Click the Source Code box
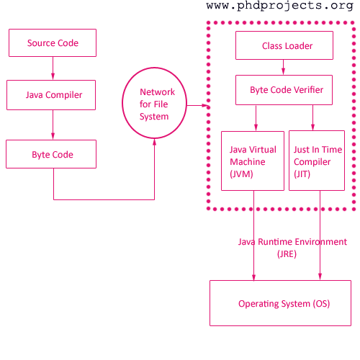pyautogui.click(x=53, y=43)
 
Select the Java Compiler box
pyautogui.click(x=51, y=95)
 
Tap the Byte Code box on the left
pyautogui.click(x=51, y=154)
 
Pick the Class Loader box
pyautogui.click(x=284, y=45)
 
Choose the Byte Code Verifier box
pyautogui.click(x=284, y=90)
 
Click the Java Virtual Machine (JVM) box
pyautogui.click(x=253, y=161)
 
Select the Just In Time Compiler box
pyautogui.click(x=317, y=161)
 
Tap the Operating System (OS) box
pyautogui.click(x=281, y=303)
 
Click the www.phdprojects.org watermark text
pyautogui.click(x=280, y=6)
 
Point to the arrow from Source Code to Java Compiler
pyautogui.click(x=53, y=68)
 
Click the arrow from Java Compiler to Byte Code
pyautogui.click(x=53, y=125)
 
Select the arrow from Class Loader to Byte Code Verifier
pyautogui.click(x=283, y=67)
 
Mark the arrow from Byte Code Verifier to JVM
pyautogui.click(x=256, y=118)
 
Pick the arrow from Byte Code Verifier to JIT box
pyautogui.click(x=312, y=118)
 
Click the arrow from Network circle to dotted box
pyautogui.click(x=197, y=105)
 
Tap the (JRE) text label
pyautogui.click(x=287, y=254)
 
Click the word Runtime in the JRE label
pyautogui.click(x=275, y=242)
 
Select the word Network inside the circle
pyautogui.click(x=157, y=92)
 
